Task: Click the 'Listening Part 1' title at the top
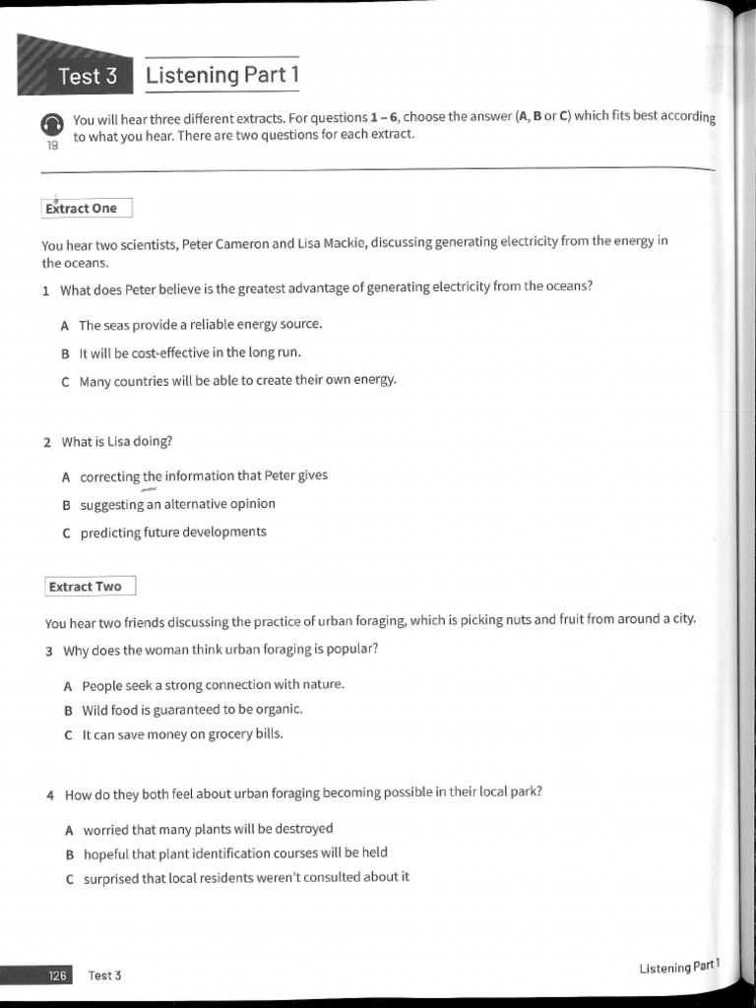(221, 75)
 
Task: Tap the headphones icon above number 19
(52, 125)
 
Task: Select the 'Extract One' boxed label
(86, 208)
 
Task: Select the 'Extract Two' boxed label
(89, 587)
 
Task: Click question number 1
(46, 290)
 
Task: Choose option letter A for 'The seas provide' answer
(64, 325)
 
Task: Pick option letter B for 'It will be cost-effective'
(65, 353)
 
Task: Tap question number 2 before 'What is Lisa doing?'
(47, 442)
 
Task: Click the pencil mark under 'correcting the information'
(150, 489)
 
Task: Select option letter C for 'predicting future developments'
(66, 533)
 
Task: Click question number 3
(49, 651)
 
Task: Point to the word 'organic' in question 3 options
(280, 709)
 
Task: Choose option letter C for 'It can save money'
(68, 734)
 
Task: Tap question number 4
(50, 794)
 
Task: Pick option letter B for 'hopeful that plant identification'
(70, 853)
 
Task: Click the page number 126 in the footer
(57, 976)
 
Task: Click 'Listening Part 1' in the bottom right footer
(679, 968)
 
